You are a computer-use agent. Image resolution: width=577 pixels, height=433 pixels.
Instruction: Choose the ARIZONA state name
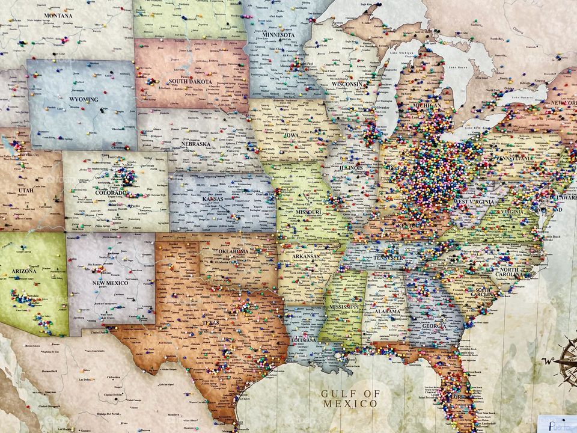tap(24, 271)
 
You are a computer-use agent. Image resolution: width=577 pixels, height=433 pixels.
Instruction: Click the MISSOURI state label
tap(307, 212)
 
